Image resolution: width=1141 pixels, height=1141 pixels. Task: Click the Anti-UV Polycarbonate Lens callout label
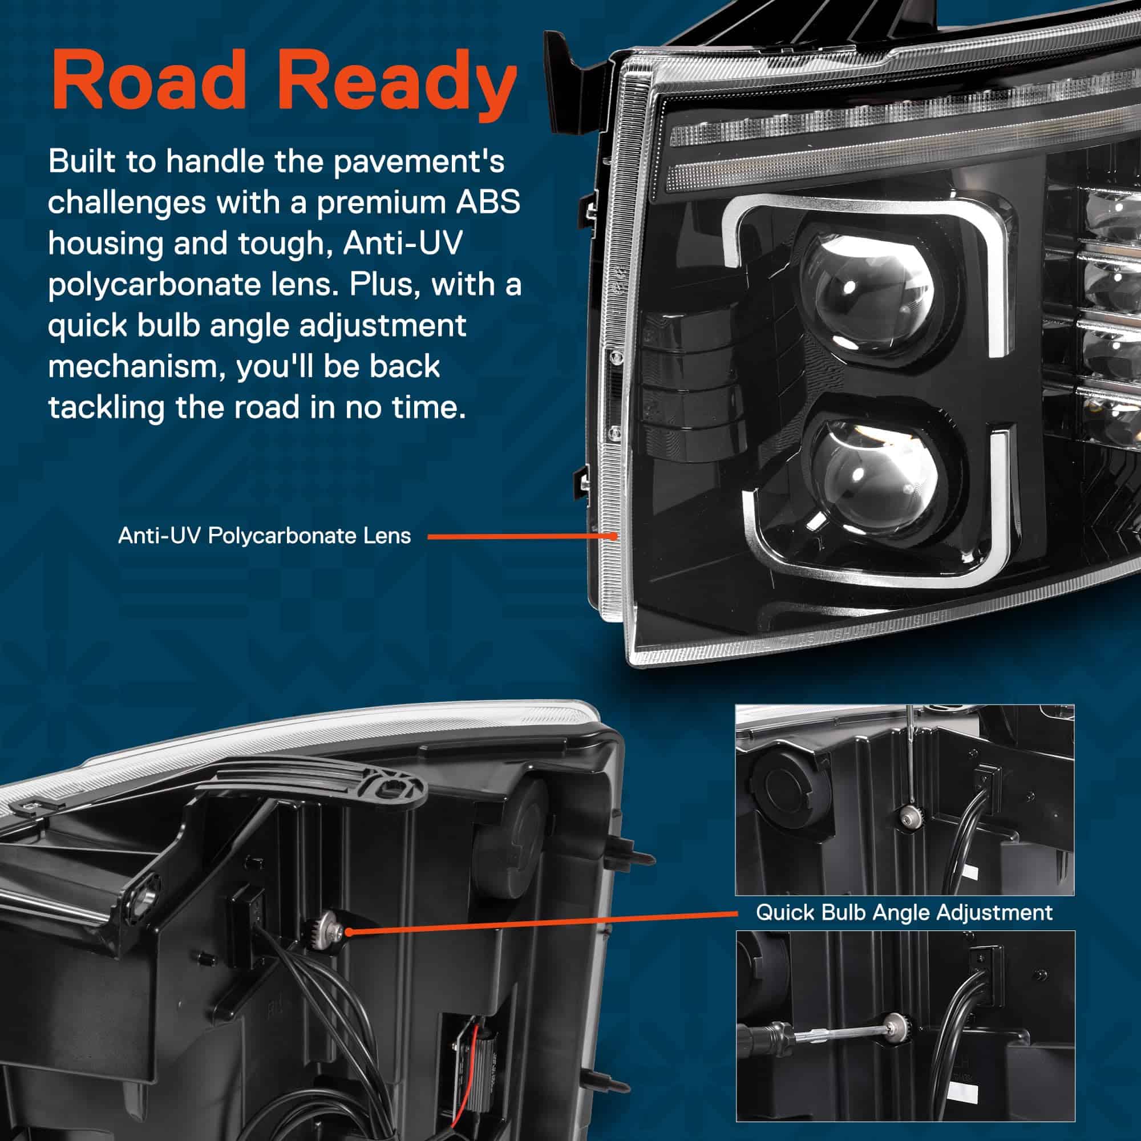click(264, 536)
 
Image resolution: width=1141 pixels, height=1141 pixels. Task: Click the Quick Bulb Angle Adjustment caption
click(904, 912)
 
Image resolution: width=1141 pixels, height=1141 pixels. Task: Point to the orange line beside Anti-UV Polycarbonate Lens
click(522, 537)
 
